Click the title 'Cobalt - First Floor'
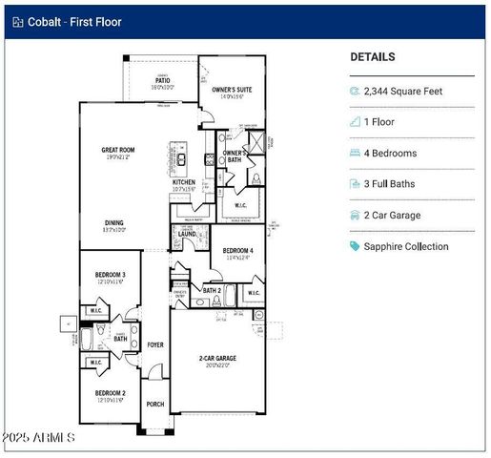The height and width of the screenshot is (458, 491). (74, 21)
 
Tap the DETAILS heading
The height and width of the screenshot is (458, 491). (372, 57)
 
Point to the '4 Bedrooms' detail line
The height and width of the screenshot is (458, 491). (390, 154)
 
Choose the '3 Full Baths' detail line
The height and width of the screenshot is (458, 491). (392, 184)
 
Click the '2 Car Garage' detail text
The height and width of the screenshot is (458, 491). (392, 216)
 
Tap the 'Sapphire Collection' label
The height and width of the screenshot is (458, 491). (406, 246)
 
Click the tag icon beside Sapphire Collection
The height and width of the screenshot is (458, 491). (355, 246)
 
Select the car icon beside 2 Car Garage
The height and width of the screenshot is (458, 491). (355, 216)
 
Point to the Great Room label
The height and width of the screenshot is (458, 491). (118, 151)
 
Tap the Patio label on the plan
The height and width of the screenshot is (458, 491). (163, 81)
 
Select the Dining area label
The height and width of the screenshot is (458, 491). (114, 223)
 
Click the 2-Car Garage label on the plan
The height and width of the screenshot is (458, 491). (217, 359)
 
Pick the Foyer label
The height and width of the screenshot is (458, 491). (154, 345)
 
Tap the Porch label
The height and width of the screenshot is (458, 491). (154, 405)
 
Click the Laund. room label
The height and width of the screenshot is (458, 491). (187, 234)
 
